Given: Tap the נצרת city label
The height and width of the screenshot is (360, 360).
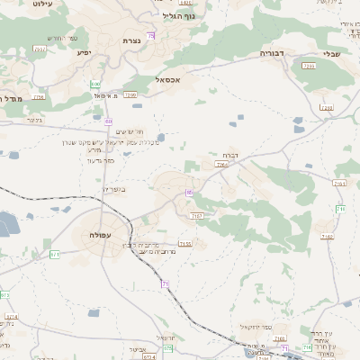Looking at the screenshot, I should (130, 41).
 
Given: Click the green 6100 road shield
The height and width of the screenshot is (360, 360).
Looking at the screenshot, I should (95, 83).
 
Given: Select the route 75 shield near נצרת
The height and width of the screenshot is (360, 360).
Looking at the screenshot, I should (151, 35).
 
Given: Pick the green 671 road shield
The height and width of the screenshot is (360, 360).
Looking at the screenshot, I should (55, 254).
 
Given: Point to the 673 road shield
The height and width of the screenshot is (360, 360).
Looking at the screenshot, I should (4, 294).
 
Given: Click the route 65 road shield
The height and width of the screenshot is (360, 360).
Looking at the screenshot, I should (188, 192).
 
